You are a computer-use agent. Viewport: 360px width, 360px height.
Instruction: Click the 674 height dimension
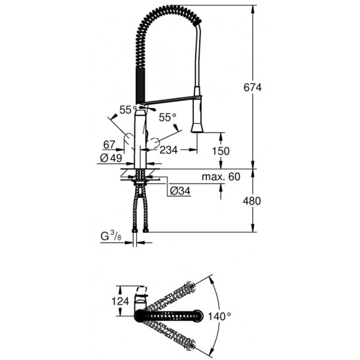click(253, 88)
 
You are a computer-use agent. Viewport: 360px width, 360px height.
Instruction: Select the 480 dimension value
click(252, 201)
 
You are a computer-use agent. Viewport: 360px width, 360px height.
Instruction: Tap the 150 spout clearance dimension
click(221, 151)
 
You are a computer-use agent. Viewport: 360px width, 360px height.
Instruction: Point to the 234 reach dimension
click(169, 150)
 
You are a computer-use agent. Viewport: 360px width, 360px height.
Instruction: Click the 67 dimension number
click(109, 145)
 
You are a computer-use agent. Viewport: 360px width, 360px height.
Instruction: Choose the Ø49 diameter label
click(111, 158)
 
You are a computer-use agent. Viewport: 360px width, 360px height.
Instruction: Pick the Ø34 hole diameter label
click(180, 191)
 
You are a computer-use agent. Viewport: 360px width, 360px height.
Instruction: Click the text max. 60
click(221, 177)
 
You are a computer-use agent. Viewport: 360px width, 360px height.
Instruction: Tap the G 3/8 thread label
click(111, 236)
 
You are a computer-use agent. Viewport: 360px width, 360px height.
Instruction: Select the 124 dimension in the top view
click(121, 301)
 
